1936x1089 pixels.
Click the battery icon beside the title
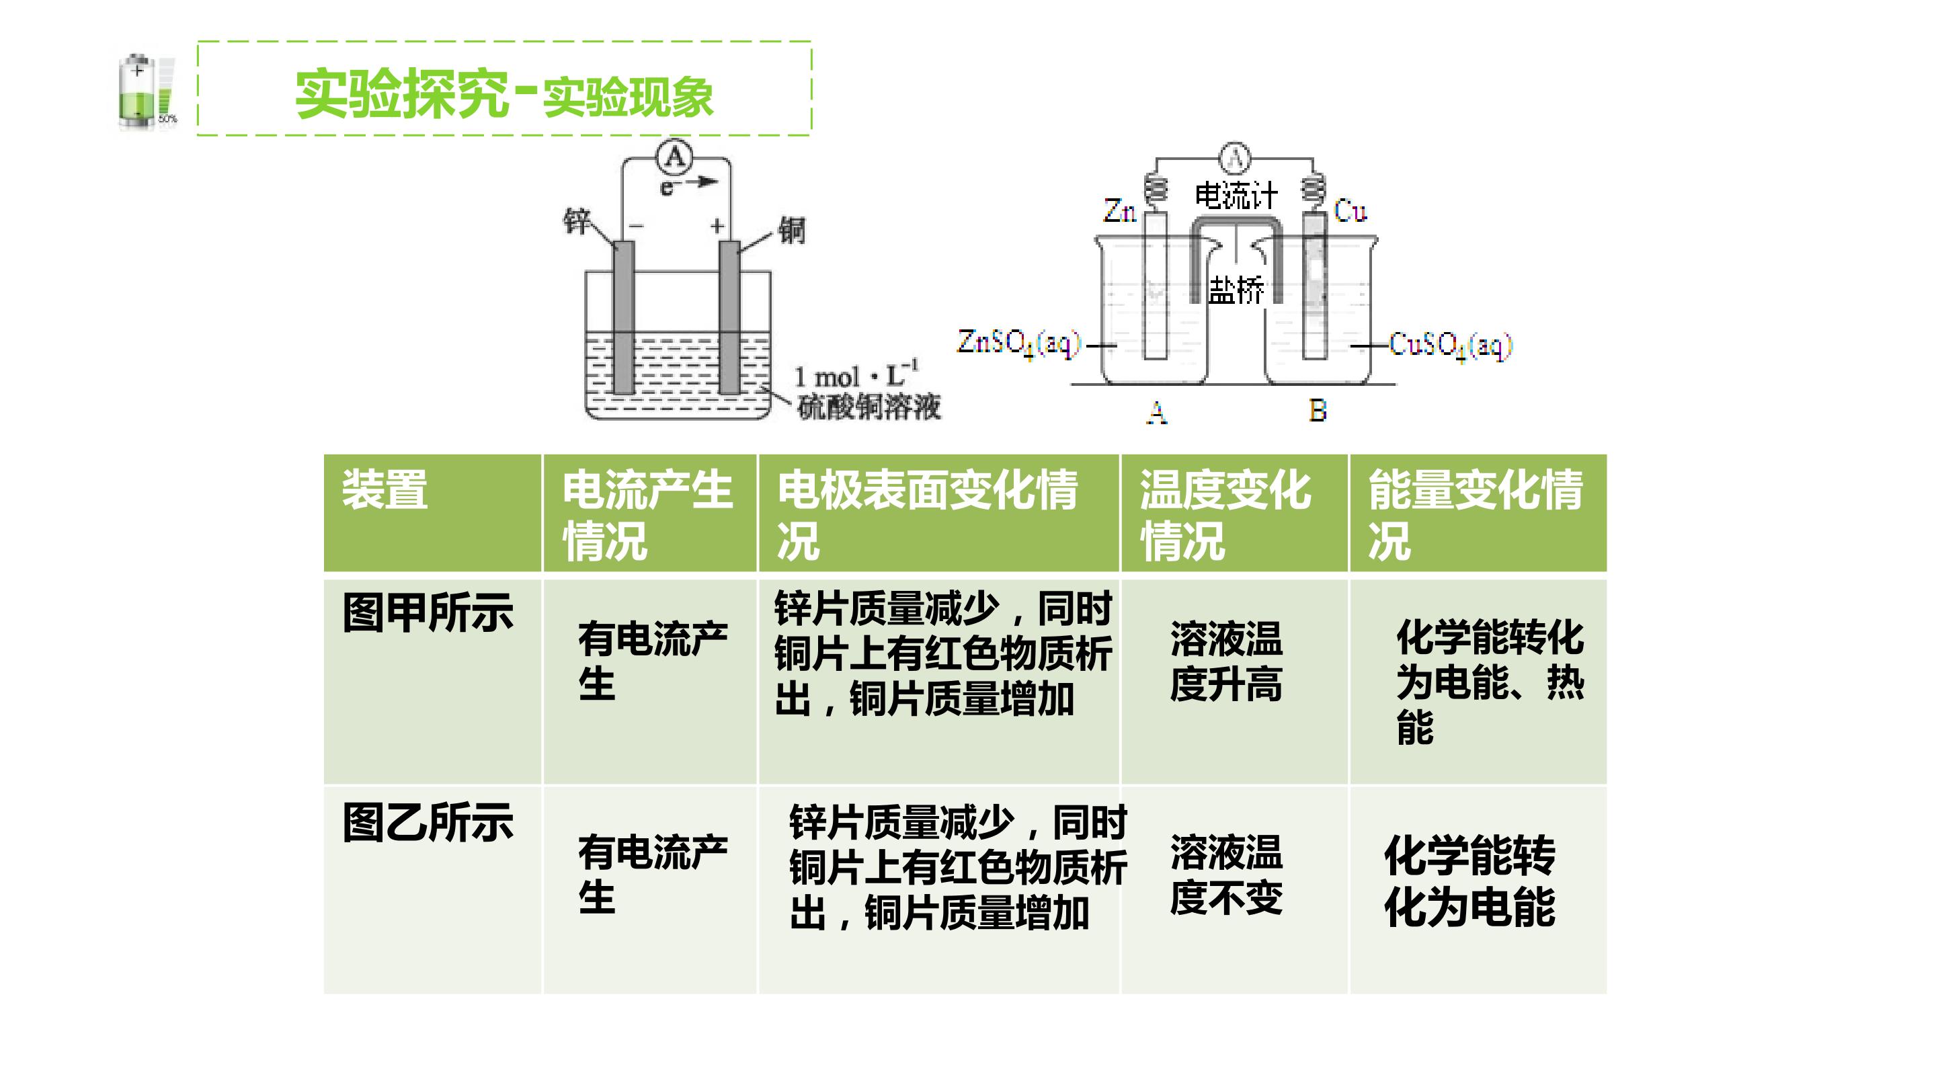(x=147, y=91)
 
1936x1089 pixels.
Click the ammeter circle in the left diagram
(x=675, y=157)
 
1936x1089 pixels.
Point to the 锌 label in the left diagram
(x=577, y=222)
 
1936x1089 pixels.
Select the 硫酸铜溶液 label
(x=869, y=407)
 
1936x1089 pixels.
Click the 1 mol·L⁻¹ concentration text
(x=856, y=374)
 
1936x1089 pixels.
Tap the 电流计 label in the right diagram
(x=1236, y=196)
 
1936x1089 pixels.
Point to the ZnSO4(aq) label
(x=1018, y=344)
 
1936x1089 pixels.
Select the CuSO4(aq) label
(x=1451, y=346)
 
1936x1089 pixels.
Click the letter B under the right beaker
(x=1318, y=410)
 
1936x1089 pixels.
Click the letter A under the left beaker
(x=1157, y=413)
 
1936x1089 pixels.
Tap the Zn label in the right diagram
(x=1120, y=211)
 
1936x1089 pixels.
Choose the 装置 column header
(x=385, y=490)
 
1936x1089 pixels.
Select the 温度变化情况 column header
(x=1225, y=515)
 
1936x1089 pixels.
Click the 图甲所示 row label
(x=428, y=612)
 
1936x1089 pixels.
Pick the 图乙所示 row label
(x=428, y=822)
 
